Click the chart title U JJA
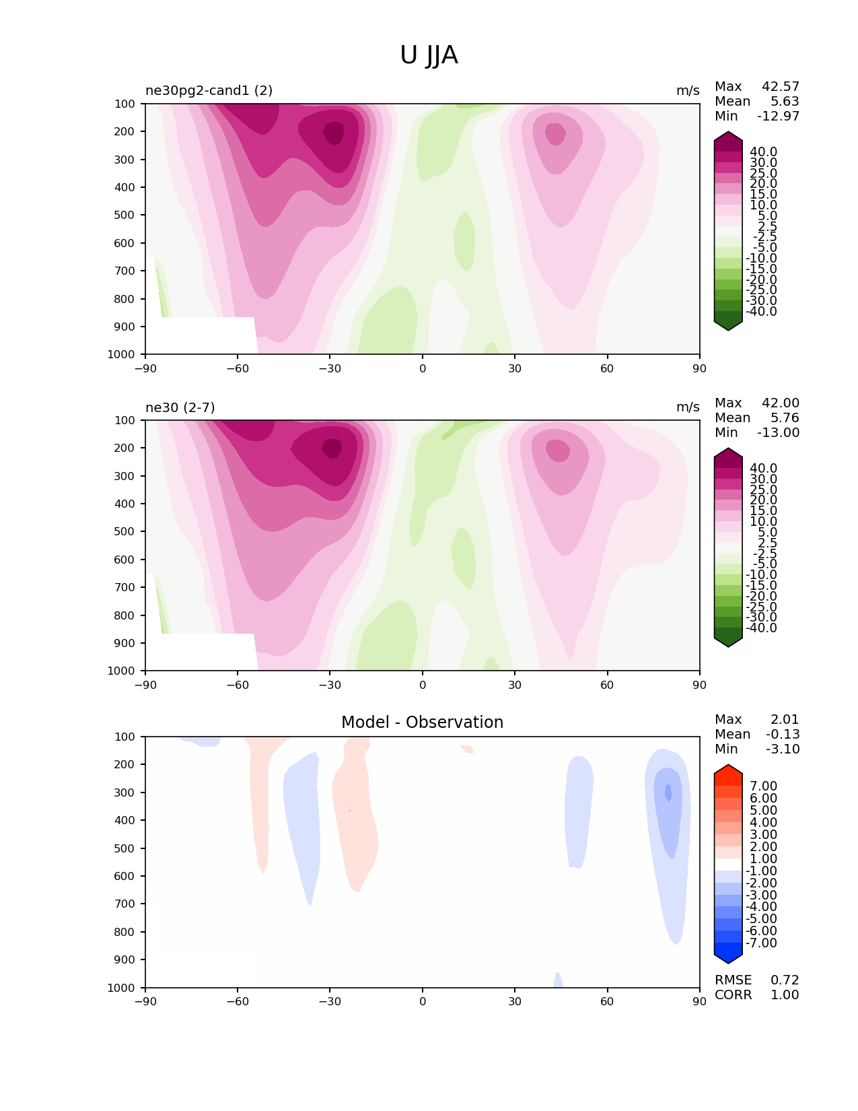coord(429,55)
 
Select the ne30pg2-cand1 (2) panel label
coord(209,91)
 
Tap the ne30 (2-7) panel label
coord(180,407)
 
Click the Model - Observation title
coord(422,722)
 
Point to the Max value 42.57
coord(781,87)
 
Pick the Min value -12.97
coord(778,116)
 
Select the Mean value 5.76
coord(785,418)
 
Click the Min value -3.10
coord(783,749)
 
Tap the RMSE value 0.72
coord(785,980)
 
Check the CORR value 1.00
coord(785,995)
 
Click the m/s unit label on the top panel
coord(688,91)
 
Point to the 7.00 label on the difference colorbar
coord(763,786)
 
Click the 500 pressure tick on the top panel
coord(125,215)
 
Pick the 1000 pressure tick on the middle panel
coord(121,671)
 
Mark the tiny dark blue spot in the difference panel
coord(668,793)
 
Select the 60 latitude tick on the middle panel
coord(607,685)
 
